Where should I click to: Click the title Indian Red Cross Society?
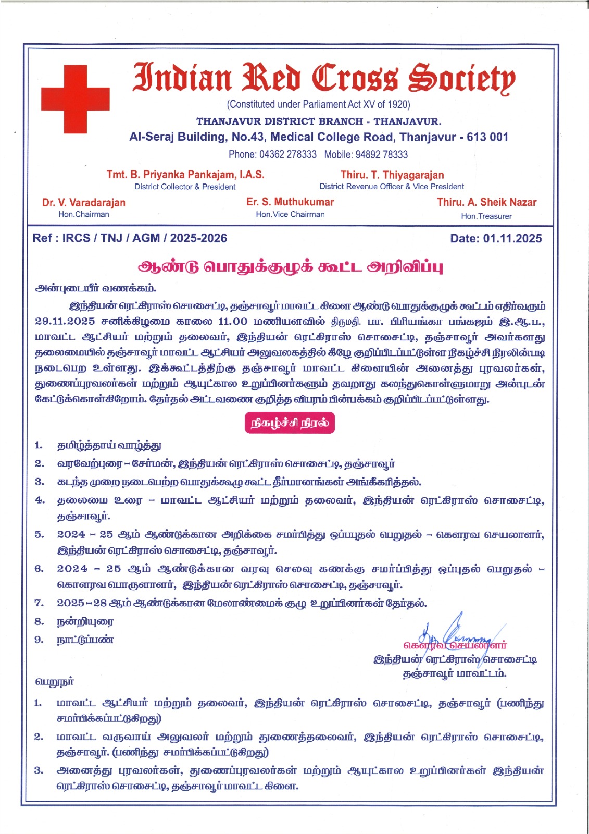tap(324, 78)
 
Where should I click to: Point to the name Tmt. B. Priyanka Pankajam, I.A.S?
tap(185, 175)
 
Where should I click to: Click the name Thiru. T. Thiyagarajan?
tap(392, 175)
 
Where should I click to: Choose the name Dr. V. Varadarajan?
tap(84, 203)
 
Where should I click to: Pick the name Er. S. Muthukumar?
tap(290, 202)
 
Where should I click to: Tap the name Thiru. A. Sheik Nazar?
tap(486, 202)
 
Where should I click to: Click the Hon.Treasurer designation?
tap(486, 216)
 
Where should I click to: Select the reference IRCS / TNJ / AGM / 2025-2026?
tap(144, 238)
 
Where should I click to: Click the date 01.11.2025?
tap(512, 239)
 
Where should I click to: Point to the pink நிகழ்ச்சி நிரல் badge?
tap(290, 423)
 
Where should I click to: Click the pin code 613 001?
tap(487, 137)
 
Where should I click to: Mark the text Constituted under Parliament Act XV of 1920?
tap(319, 104)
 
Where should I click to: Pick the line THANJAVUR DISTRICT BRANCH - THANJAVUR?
tap(319, 121)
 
